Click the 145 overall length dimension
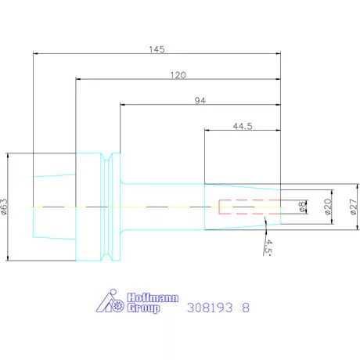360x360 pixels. pos(157,49)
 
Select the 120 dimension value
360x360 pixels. pos(178,75)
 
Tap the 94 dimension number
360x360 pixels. pos(200,100)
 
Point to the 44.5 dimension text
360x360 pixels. pos(243,126)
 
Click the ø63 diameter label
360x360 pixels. pos(5,207)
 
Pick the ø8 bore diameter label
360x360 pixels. pos(302,207)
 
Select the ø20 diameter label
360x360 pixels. pos(328,207)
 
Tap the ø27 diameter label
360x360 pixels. pos(353,207)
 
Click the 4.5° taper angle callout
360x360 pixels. pos(268,247)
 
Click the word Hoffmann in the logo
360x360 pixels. pos(153,297)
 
